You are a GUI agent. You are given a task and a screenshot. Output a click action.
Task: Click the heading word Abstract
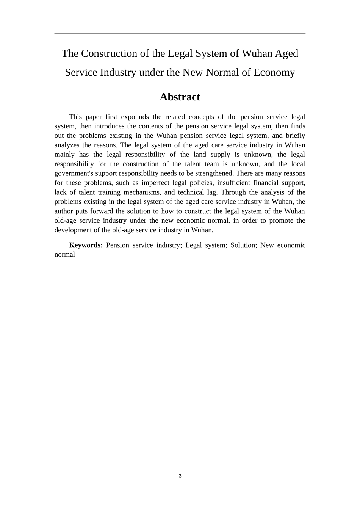coord(180,97)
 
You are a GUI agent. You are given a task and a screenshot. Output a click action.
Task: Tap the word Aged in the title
coord(286,53)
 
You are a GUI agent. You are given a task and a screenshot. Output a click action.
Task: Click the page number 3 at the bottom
coord(180,476)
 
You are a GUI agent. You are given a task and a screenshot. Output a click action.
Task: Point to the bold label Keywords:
coord(86,245)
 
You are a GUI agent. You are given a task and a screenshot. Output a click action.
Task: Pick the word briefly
coord(295,136)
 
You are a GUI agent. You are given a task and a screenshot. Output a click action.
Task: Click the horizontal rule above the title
coord(180,33)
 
